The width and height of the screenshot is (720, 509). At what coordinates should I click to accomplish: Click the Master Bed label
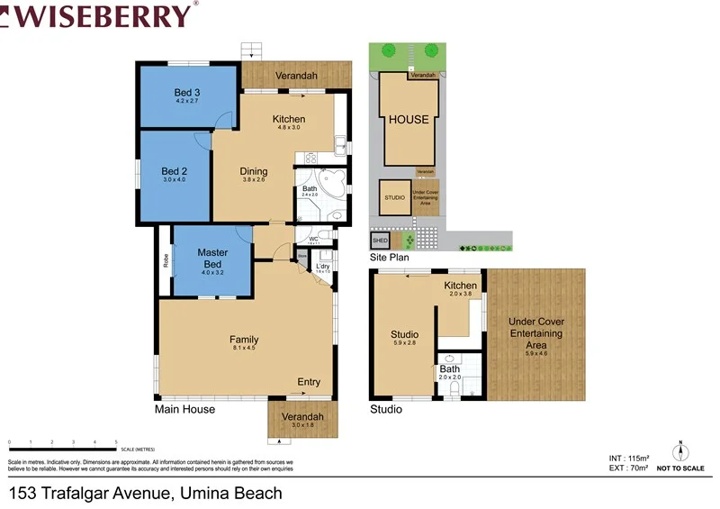[212, 259]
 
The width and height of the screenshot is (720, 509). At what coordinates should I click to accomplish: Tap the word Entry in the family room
[309, 382]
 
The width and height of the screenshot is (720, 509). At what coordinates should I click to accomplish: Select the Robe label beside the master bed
[166, 262]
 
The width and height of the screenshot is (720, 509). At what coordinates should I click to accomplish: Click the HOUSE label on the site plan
[409, 120]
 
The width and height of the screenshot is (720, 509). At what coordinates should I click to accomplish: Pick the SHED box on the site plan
[380, 241]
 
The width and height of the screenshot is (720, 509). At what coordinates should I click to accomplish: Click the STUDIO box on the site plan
[394, 197]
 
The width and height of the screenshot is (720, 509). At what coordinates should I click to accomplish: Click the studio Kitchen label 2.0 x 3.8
[461, 288]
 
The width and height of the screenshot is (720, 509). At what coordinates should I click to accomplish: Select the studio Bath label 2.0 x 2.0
[449, 372]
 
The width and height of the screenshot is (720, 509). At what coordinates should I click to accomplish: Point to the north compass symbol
[681, 452]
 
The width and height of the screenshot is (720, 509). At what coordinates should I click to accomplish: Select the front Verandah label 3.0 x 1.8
[302, 420]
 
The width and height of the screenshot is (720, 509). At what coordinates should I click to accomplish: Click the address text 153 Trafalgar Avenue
[145, 493]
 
